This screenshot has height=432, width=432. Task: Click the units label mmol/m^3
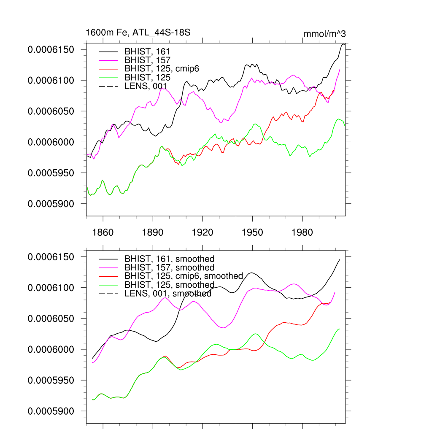325,34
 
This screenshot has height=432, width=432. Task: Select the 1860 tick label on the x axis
103,232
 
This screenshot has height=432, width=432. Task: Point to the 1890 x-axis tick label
153,232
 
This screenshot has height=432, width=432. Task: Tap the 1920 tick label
202,232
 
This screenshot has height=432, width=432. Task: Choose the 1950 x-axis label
252,232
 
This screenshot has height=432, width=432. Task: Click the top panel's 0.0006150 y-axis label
51,50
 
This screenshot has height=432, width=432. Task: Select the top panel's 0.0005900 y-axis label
51,204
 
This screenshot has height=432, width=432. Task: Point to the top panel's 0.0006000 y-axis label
51,142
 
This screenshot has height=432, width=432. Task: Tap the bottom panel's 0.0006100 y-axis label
51,288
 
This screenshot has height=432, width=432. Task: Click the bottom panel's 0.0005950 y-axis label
51,380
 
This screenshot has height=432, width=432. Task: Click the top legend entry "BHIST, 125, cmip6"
162,69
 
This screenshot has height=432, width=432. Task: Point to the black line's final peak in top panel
343,44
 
